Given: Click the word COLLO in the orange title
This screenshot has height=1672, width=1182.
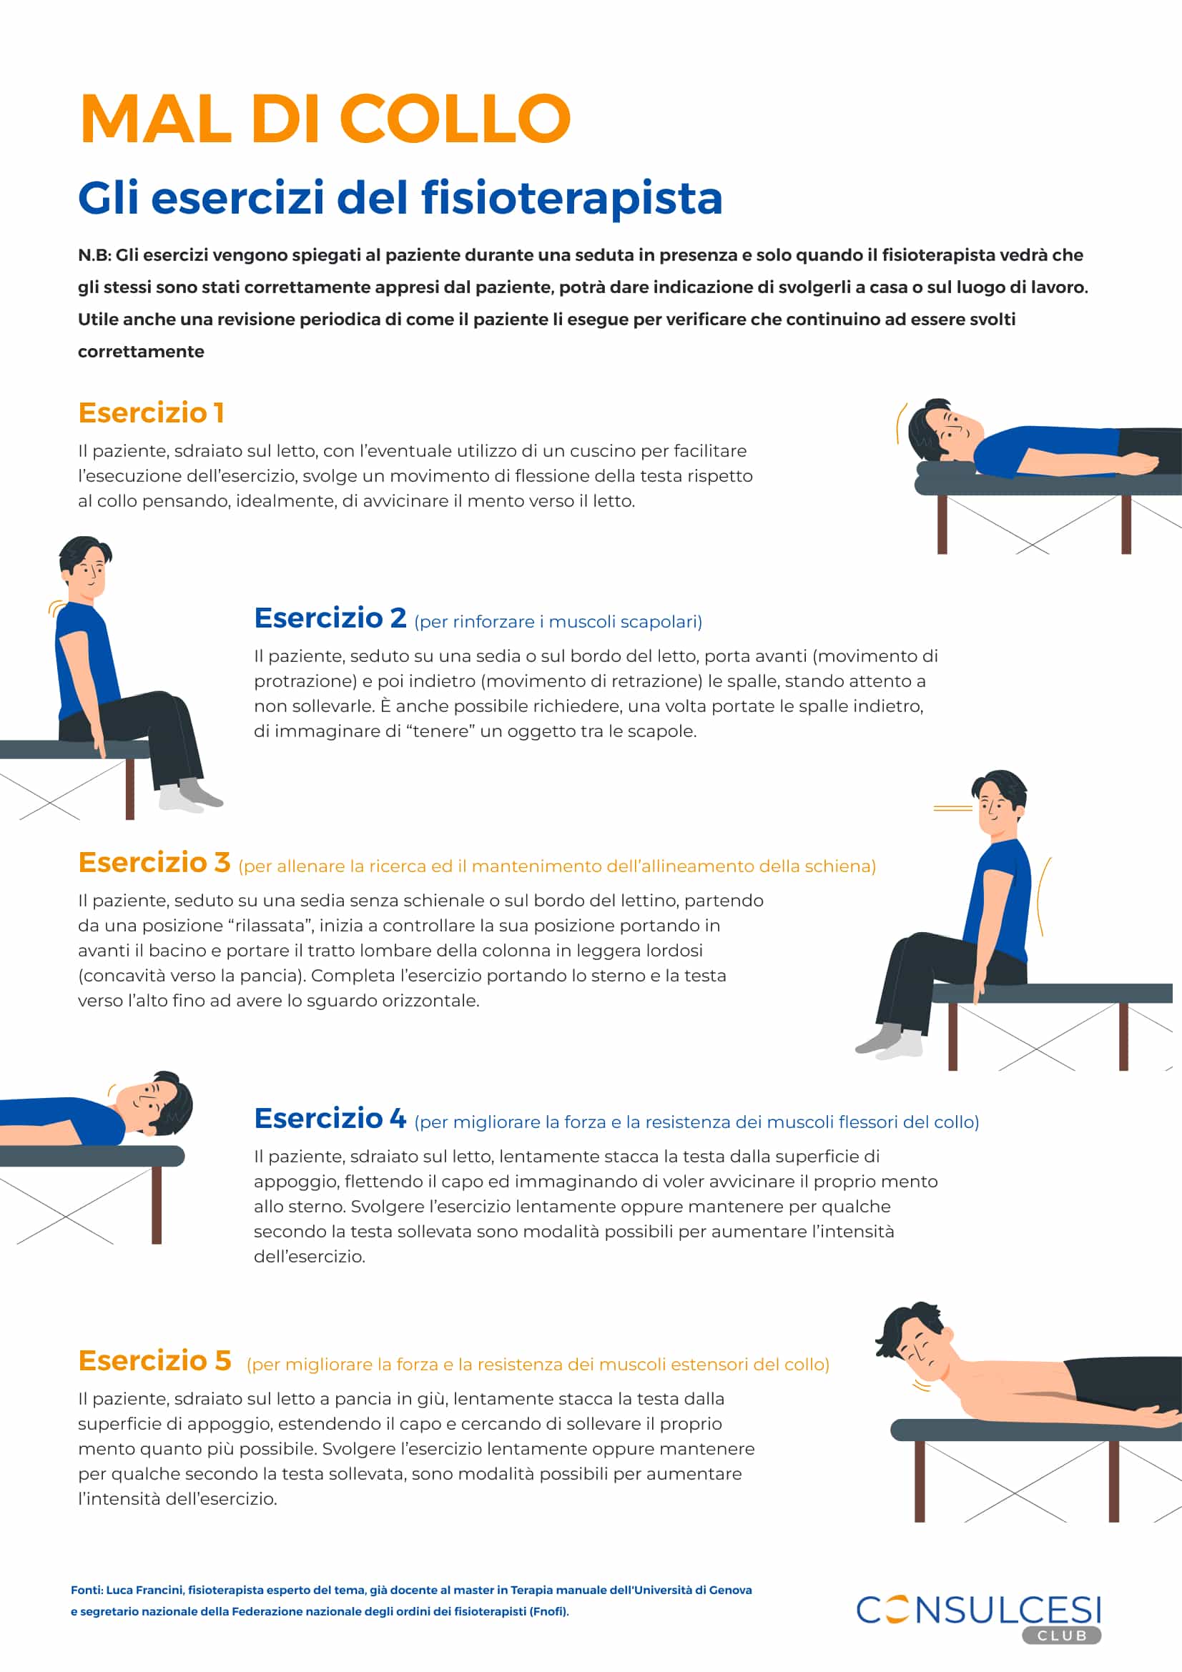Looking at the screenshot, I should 455,119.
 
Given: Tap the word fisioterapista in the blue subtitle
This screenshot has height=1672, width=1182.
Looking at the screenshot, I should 572,198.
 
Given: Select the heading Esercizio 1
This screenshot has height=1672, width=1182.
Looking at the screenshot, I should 151,413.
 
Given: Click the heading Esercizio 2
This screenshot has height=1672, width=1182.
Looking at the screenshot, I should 330,618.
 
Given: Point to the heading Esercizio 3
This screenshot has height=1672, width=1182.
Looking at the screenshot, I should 154,862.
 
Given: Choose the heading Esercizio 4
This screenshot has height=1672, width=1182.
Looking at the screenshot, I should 330,1118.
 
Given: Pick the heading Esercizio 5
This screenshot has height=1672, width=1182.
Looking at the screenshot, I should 154,1360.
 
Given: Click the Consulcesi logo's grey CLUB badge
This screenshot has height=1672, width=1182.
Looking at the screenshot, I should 1061,1636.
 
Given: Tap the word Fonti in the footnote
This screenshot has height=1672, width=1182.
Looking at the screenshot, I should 86,1590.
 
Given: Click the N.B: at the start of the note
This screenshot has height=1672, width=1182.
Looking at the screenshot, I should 94,256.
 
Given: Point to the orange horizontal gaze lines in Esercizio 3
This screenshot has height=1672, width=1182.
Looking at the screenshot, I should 952,808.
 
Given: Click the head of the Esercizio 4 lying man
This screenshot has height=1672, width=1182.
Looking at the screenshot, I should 157,1103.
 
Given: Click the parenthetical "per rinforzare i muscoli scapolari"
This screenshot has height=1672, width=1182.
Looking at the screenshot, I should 558,622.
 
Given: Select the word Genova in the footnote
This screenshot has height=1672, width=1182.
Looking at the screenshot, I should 731,1590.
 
